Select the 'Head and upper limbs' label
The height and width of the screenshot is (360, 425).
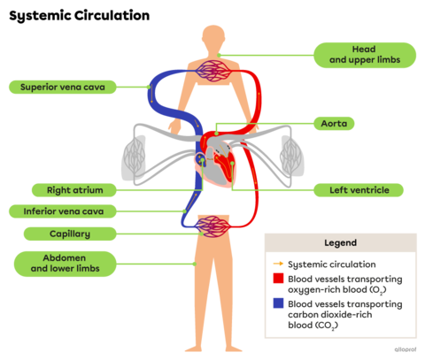click(x=366, y=54)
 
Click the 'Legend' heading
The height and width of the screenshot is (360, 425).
click(x=340, y=242)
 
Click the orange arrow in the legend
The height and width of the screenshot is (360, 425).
click(x=278, y=264)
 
